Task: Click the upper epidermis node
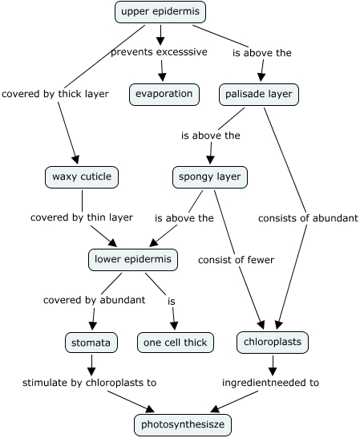[160, 12]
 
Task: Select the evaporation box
[164, 95]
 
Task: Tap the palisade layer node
[259, 95]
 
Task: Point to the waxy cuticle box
[82, 177]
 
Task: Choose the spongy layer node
[210, 177]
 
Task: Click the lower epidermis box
[133, 260]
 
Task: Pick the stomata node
[91, 343]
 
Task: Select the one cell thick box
[176, 343]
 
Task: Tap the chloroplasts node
[273, 343]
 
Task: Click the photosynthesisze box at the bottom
[183, 424]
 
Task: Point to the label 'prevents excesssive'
[160, 52]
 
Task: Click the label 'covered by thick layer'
[55, 94]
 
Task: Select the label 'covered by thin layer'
[82, 217]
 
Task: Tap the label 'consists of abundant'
[308, 218]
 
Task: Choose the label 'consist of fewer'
[236, 260]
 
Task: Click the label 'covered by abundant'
[94, 300]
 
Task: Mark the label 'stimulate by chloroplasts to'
[89, 383]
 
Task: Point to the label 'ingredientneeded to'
[270, 383]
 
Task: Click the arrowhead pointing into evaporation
[162, 77]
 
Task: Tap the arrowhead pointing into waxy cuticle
[75, 160]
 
